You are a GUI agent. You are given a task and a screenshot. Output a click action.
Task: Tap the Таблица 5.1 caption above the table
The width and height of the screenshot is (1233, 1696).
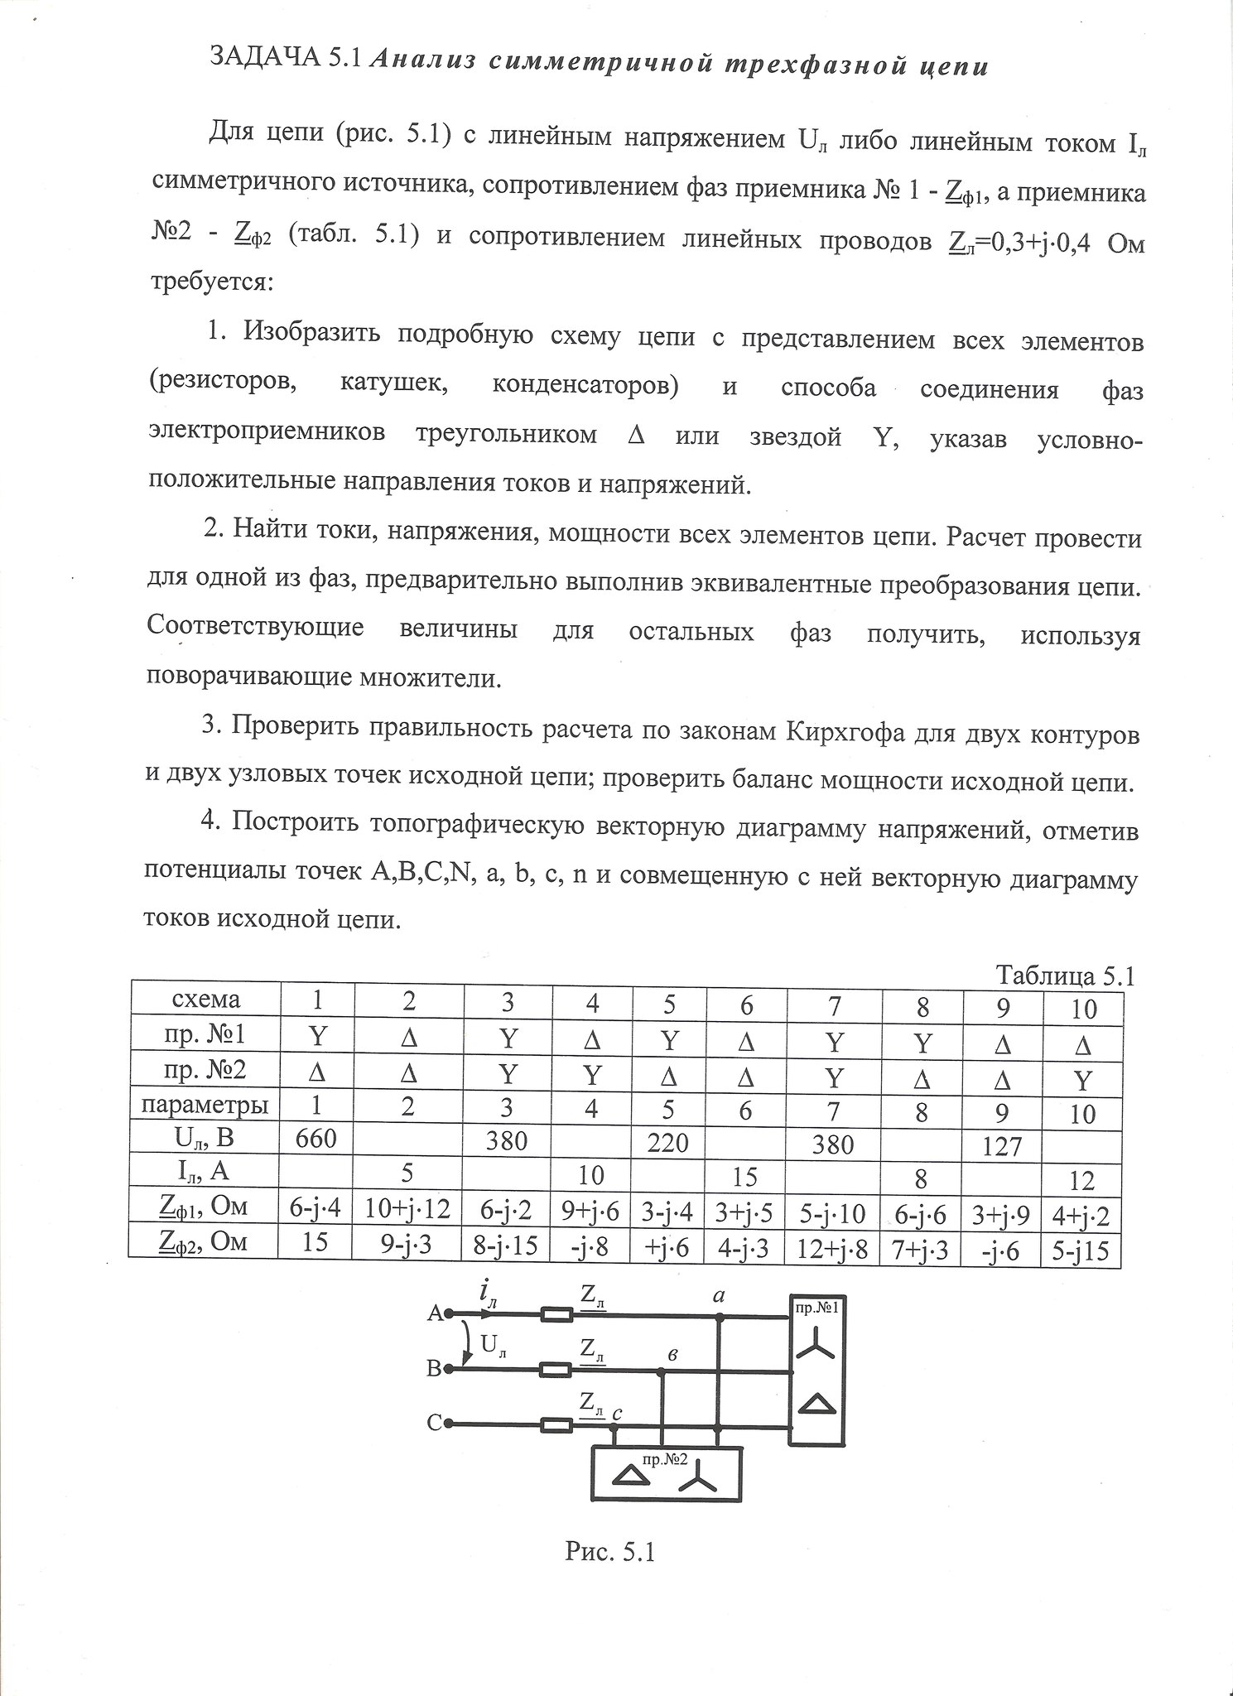point(1064,976)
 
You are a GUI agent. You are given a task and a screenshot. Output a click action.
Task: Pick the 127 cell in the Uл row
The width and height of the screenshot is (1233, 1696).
point(1002,1147)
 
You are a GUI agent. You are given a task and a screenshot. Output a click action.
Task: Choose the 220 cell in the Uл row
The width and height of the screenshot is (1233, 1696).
point(668,1143)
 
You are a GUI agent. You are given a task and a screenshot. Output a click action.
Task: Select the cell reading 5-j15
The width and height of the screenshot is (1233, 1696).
point(1081,1250)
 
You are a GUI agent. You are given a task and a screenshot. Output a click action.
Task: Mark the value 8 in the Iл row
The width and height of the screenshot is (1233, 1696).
point(921,1178)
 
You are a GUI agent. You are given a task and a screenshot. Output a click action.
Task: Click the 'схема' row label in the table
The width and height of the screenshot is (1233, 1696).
point(205,1000)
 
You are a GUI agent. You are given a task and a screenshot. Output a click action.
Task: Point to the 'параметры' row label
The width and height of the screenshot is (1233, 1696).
point(205,1105)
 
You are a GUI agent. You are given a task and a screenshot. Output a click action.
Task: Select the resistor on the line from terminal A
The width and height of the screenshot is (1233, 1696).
point(555,1313)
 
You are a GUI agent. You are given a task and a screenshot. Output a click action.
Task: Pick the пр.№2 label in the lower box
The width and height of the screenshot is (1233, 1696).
point(666,1459)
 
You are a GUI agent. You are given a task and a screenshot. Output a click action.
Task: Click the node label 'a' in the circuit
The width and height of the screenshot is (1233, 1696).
point(718,1297)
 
